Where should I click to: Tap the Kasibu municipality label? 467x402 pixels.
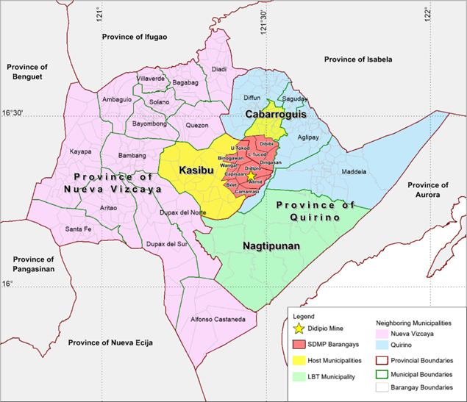(x=195, y=171)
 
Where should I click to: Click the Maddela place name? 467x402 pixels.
(x=353, y=172)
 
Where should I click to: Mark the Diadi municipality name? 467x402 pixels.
(x=219, y=69)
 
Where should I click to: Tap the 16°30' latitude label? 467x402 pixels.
(x=15, y=113)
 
